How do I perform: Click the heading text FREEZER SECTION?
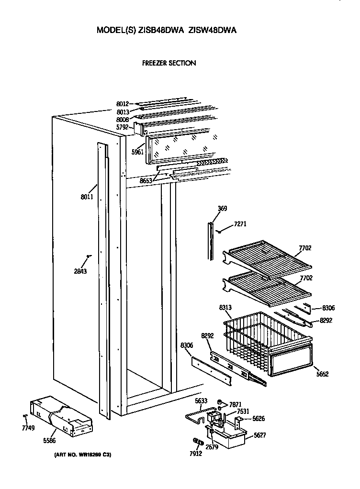coord(169,63)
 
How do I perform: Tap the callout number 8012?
coord(123,103)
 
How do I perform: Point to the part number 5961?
coord(137,152)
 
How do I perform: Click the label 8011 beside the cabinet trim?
coord(87,197)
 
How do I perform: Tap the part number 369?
coord(222,209)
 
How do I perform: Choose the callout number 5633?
coord(201,401)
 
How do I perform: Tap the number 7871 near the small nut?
coord(236,404)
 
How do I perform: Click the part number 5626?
coord(258,418)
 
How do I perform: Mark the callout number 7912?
coord(196,453)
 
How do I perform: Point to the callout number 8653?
coord(146,180)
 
